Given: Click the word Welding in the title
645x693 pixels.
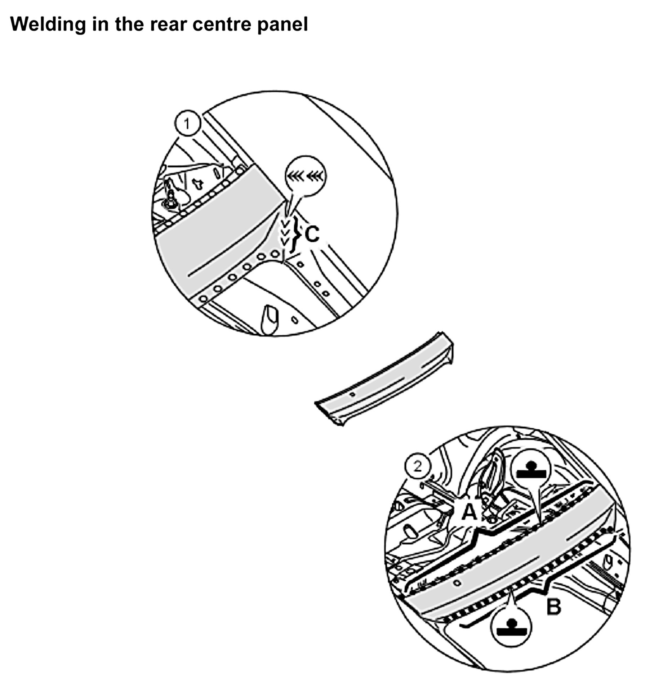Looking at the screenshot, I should (x=48, y=24).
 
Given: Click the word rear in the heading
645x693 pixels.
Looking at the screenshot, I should (x=169, y=24).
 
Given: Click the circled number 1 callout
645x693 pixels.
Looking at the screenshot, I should (x=187, y=124).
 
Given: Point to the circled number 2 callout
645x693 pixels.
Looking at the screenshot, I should (x=417, y=467).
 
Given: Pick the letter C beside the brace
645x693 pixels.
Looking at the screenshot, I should (x=312, y=234).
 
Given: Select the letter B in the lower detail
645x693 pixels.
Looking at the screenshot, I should (x=553, y=607).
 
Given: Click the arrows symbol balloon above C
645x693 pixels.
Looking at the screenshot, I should (x=304, y=176).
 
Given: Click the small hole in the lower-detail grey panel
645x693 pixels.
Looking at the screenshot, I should (x=458, y=582).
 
